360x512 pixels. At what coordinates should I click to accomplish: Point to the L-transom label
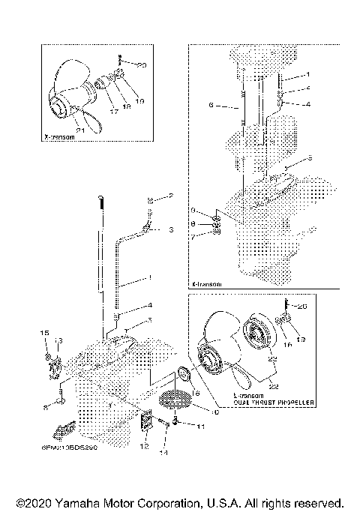(223, 396)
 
